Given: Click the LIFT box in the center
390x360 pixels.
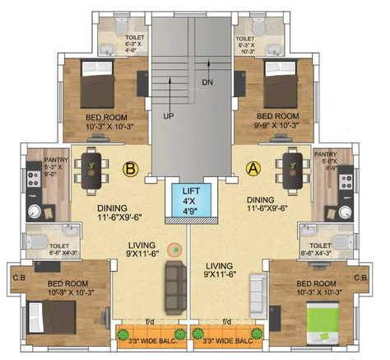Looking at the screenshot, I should coord(190,200).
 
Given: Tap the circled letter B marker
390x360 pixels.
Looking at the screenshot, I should coord(129,171).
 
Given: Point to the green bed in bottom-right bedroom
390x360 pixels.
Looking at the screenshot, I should coord(324,317).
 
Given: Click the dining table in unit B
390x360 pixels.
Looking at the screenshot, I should coord(92,168).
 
